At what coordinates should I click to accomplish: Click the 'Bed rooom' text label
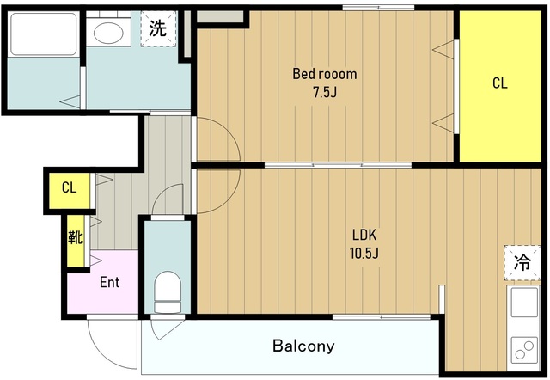[x=324, y=74]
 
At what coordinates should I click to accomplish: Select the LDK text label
[x=364, y=235]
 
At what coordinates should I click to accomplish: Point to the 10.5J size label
[x=364, y=253]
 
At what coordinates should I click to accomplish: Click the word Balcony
[x=303, y=346]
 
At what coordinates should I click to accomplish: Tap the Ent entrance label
[x=109, y=282]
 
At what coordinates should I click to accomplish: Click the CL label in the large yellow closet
[x=499, y=83]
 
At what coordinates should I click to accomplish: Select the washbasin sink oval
[x=109, y=34]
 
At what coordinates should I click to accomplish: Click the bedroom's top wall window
[x=378, y=8]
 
